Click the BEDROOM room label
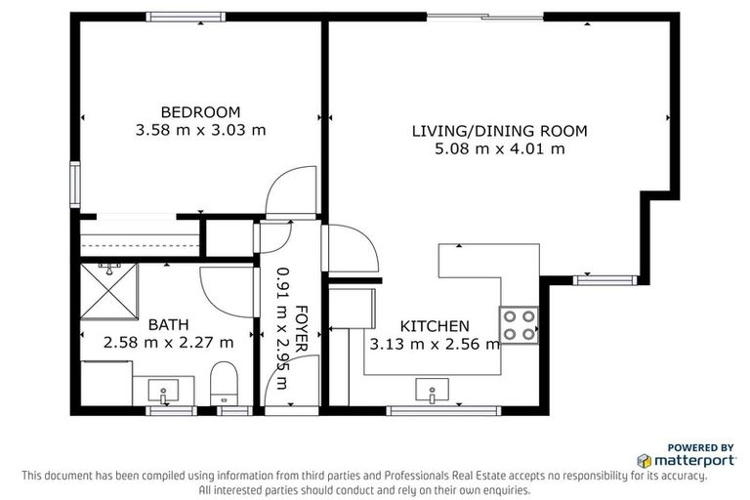coord(200,111)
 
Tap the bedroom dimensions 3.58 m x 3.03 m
coord(200,129)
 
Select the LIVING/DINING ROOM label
coord(499,131)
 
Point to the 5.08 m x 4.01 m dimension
coord(499,148)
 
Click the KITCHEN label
coord(435,325)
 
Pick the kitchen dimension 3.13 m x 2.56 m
coord(435,343)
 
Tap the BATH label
coord(168,324)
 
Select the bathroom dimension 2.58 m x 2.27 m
coord(168,342)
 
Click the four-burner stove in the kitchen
coord(520,324)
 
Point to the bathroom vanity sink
coord(162,392)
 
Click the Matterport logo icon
coord(644,459)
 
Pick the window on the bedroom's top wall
coord(186,17)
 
